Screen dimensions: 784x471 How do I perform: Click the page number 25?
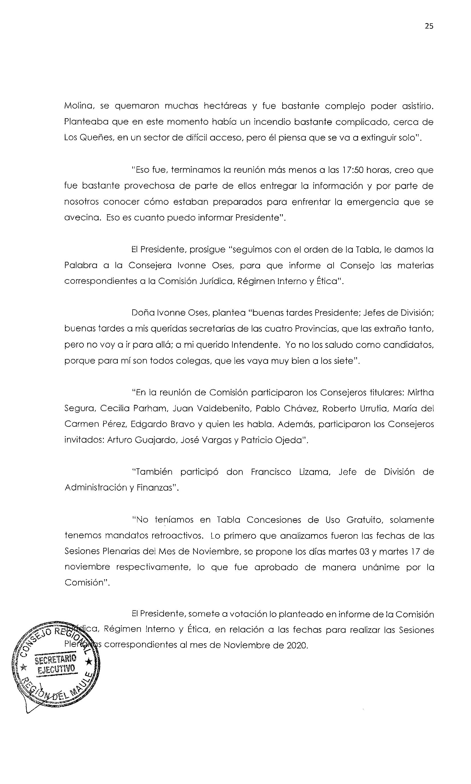click(429, 26)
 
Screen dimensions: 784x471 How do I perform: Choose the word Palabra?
click(81, 266)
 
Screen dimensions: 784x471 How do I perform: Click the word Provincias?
click(315, 329)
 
